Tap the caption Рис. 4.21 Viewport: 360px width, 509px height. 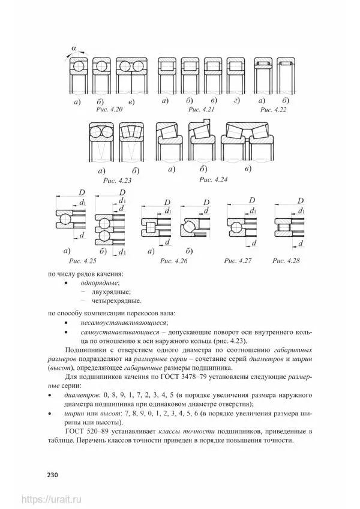pyautogui.click(x=201, y=111)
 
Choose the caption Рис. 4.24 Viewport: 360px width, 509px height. pyautogui.click(x=212, y=179)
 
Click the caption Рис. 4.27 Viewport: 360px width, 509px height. pyautogui.click(x=238, y=261)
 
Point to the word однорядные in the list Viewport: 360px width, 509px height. pyautogui.click(x=96, y=282)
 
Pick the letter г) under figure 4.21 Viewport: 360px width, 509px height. pyautogui.click(x=237, y=100)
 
